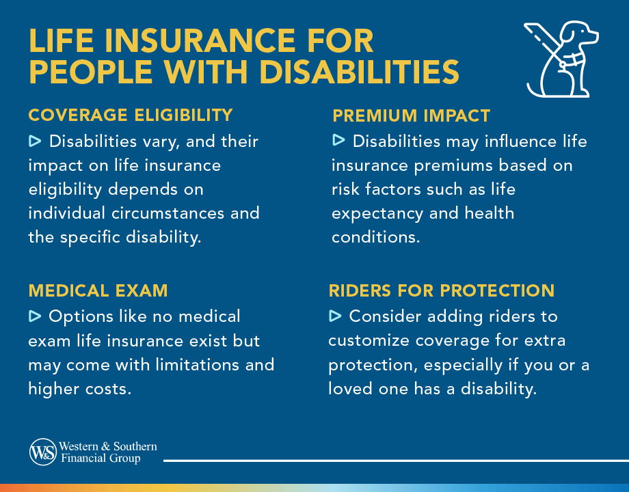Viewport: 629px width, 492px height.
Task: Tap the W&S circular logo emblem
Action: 42,452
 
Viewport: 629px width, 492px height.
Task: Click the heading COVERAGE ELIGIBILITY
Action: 131,115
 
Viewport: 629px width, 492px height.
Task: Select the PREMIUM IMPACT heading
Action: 412,115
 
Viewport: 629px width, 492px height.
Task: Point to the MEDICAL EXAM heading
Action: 98,290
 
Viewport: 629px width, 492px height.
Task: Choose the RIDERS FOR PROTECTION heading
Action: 442,290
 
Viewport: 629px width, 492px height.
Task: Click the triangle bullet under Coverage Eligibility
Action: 35,141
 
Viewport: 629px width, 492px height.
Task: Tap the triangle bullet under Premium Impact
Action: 338,141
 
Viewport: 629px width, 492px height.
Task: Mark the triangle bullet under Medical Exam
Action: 35,316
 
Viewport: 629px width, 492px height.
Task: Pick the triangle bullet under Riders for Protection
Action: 335,316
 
